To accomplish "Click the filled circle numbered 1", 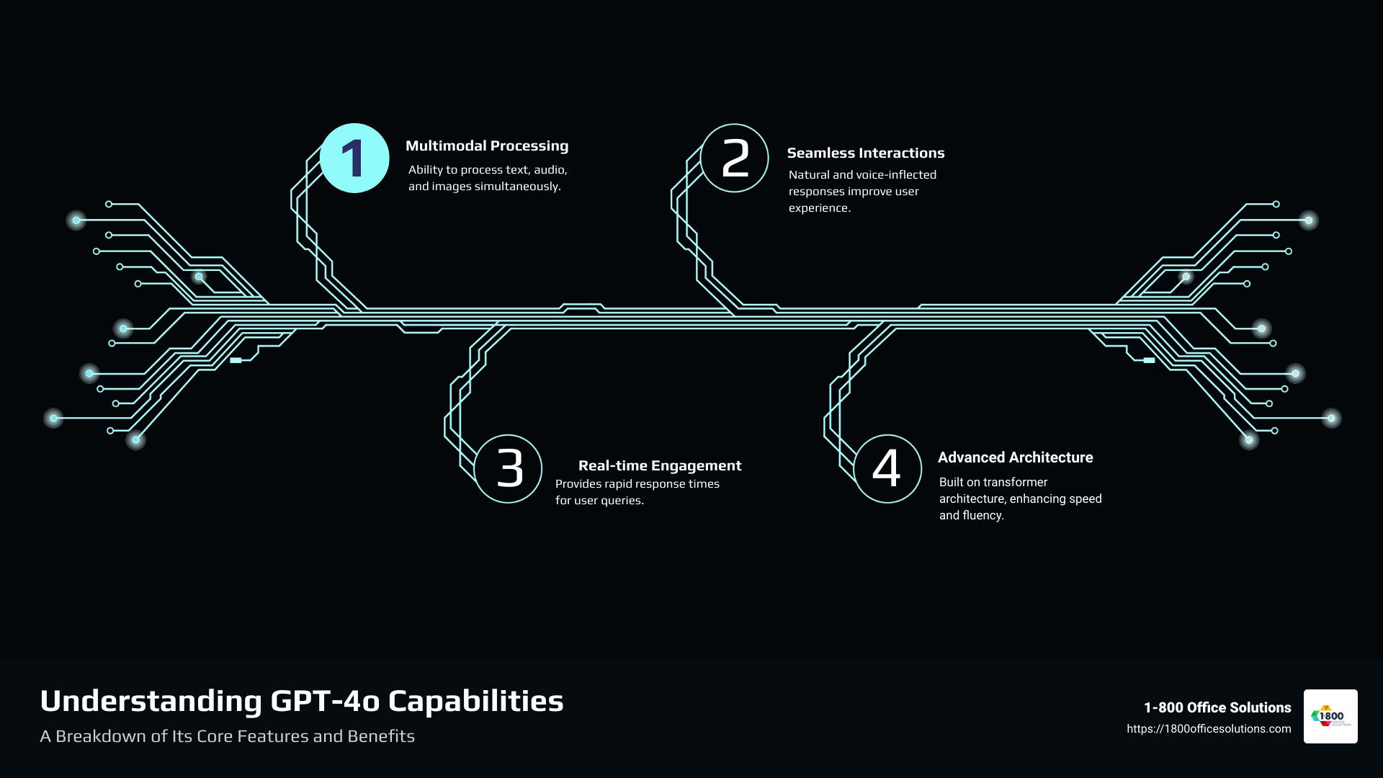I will point(354,158).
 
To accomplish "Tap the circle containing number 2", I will point(735,158).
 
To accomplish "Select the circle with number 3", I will point(509,468).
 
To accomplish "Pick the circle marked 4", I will point(887,468).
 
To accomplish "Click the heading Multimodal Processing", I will point(487,146).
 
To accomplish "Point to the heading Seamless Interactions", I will point(865,153).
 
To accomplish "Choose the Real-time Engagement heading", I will point(660,466).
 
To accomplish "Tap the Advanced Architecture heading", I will point(1015,458).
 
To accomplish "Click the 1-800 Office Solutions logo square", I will point(1330,716).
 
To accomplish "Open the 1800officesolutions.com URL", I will point(1209,729).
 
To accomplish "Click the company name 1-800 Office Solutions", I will point(1217,708).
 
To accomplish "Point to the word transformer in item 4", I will point(1013,483).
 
